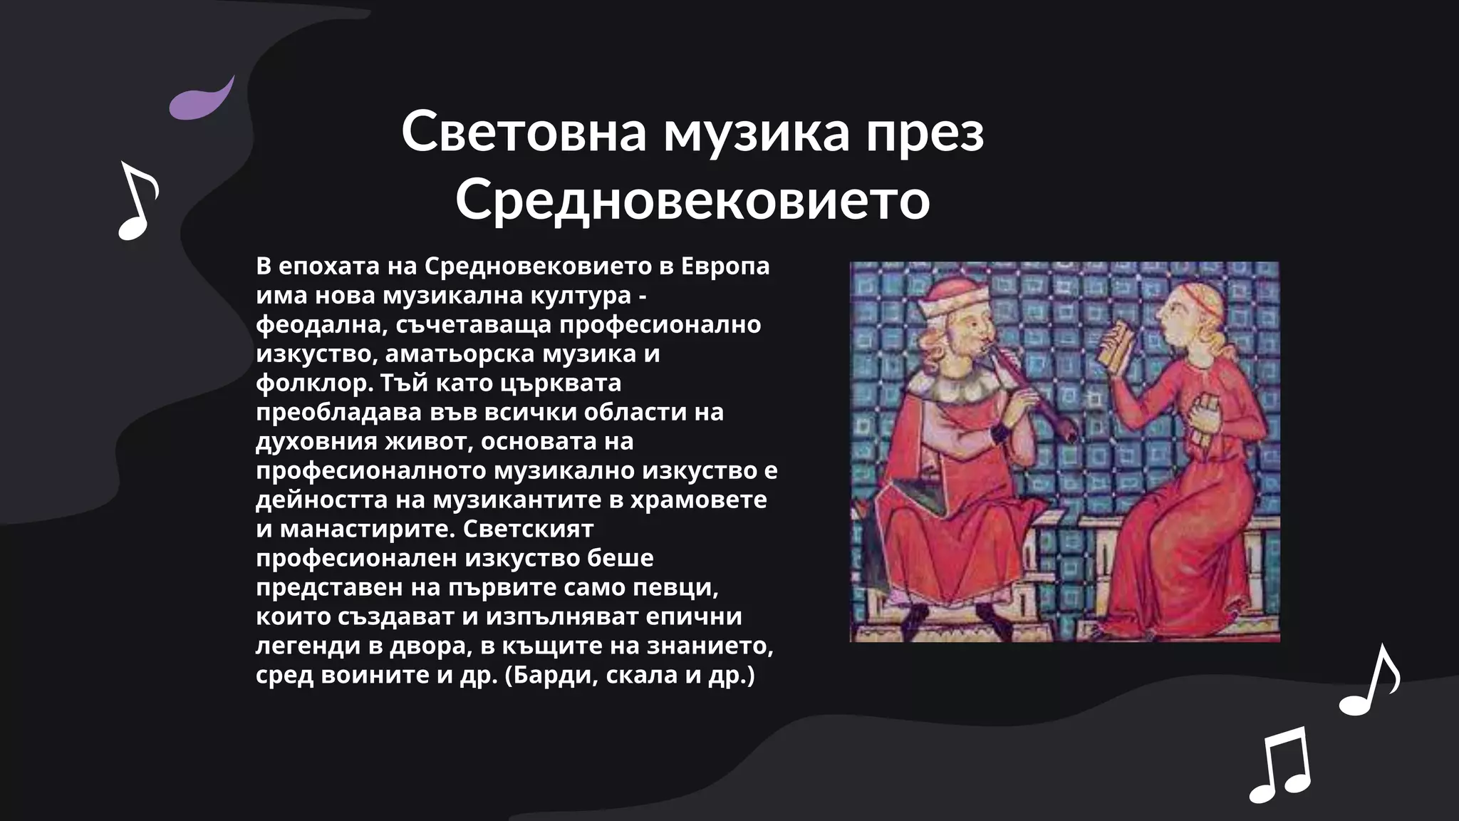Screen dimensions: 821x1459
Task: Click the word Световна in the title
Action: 524,132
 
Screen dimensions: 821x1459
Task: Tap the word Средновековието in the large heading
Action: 692,200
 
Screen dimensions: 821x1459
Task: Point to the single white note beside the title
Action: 137,201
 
